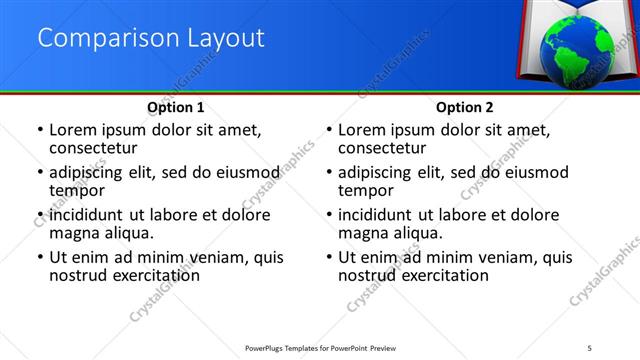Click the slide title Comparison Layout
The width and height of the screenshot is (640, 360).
151,39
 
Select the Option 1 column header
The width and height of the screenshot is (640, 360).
176,107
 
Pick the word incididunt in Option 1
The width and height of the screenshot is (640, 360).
89,215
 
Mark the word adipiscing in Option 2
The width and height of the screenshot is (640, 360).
379,172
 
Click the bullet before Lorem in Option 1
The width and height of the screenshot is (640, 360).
39,131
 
